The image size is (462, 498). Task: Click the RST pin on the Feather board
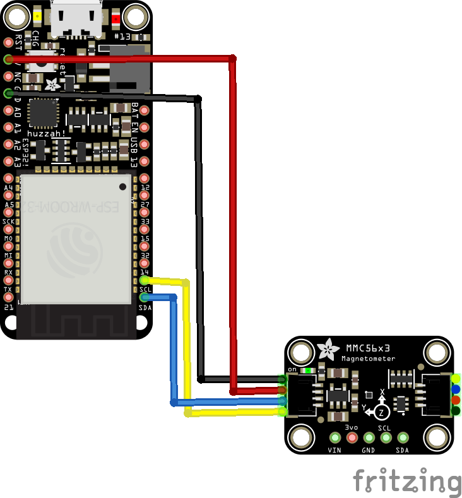[x=8, y=42]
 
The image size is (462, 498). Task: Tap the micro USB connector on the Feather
[x=76, y=19]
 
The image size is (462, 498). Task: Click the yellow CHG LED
[x=38, y=17]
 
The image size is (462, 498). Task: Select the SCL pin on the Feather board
[x=145, y=280]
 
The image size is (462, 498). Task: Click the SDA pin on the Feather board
[x=145, y=297]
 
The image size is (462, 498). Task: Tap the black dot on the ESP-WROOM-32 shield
[x=123, y=186]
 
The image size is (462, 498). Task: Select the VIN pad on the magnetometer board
[x=335, y=437]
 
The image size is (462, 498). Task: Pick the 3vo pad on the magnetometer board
[x=352, y=437]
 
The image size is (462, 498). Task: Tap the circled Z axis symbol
[x=381, y=412]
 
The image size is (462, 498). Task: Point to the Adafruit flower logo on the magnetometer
[x=328, y=348]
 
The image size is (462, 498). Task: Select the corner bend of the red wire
[x=232, y=59]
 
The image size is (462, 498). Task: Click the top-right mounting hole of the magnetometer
[x=437, y=351]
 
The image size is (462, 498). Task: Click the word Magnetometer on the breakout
[x=369, y=359]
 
